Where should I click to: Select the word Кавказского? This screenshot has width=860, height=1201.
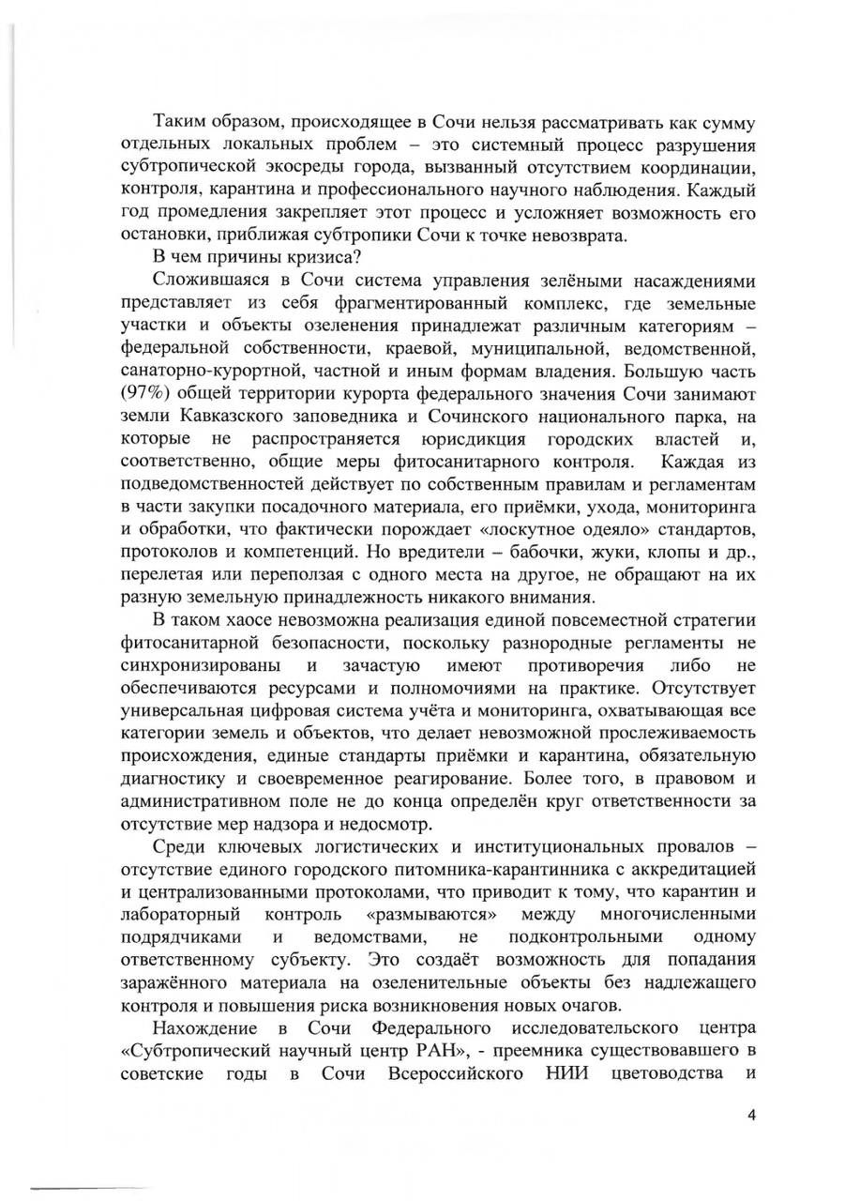coord(226,418)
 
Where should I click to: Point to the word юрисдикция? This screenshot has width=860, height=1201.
coord(488,439)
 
